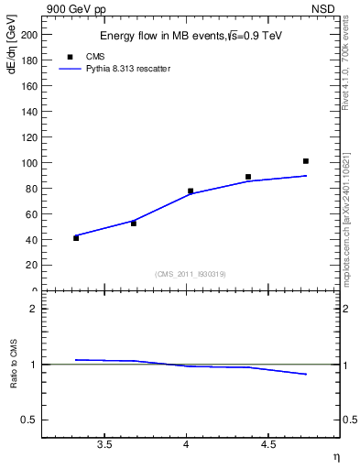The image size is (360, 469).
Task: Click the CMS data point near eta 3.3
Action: pyautogui.click(x=76, y=238)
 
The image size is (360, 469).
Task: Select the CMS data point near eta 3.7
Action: pyautogui.click(x=134, y=224)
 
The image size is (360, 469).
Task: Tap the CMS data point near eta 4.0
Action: pyautogui.click(x=191, y=191)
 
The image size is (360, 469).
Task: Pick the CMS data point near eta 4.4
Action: pyautogui.click(x=248, y=177)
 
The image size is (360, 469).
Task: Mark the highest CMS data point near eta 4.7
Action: pyautogui.click(x=306, y=161)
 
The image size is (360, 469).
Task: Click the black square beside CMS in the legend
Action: pyautogui.click(x=70, y=57)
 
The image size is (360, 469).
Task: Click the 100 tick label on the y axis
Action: pyautogui.click(x=28, y=163)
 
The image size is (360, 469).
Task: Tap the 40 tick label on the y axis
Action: pyautogui.click(x=31, y=240)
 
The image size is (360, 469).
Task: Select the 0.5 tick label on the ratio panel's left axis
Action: pyautogui.click(x=30, y=420)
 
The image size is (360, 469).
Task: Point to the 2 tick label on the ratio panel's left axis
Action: pyautogui.click(x=34, y=309)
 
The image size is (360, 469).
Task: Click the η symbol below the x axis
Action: pyautogui.click(x=335, y=456)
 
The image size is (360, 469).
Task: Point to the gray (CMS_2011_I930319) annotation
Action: pyautogui.click(x=191, y=274)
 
